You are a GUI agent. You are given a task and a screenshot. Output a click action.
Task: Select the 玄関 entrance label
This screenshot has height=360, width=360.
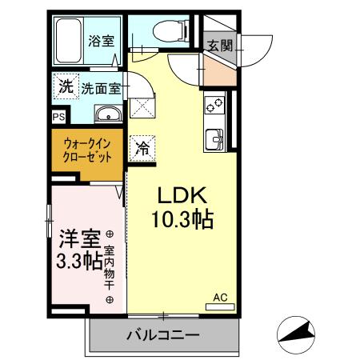point(221,46)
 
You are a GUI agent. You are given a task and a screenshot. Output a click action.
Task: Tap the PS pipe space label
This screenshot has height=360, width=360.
point(58,116)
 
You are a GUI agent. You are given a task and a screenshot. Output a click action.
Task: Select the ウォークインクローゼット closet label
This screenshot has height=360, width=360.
point(87,150)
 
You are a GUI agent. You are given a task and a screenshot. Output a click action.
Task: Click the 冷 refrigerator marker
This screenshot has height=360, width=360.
point(143,147)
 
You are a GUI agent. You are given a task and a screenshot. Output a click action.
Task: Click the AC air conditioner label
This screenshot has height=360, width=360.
point(220,298)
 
